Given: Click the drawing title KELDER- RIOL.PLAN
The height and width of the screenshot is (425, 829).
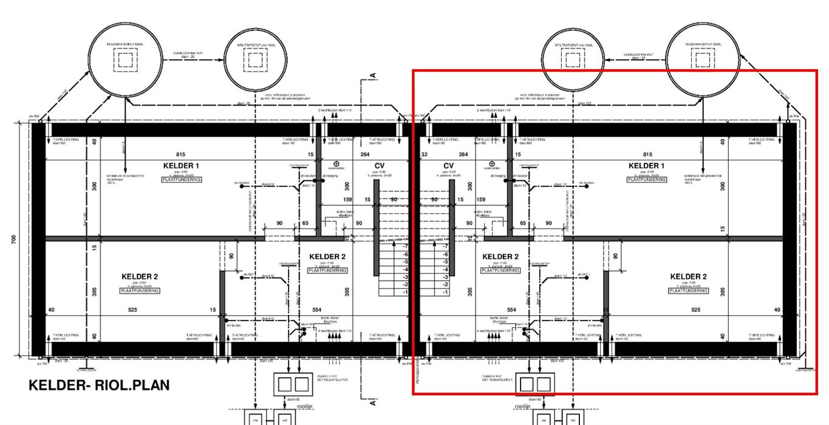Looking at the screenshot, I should (x=99, y=386).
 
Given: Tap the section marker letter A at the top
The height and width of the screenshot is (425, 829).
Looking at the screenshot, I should (x=372, y=76).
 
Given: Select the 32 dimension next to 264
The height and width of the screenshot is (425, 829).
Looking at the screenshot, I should (x=424, y=155).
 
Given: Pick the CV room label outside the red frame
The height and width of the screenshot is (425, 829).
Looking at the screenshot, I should (x=380, y=166).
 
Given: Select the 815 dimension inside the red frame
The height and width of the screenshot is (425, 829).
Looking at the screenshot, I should (x=647, y=155).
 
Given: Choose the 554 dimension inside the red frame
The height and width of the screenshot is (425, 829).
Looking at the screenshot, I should (x=511, y=310).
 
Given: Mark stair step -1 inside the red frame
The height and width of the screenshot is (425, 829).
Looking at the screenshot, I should (x=446, y=293).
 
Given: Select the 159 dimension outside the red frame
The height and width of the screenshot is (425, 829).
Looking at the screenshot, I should (x=347, y=200).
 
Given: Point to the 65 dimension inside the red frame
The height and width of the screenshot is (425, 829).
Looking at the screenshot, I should (x=523, y=223).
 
